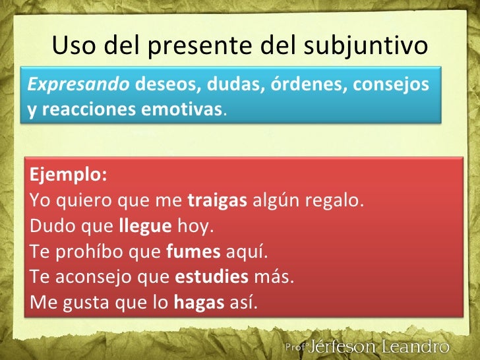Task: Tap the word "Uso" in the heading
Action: pyautogui.click(x=71, y=47)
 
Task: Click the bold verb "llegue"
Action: pyautogui.click(x=145, y=226)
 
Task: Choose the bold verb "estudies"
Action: pyautogui.click(x=212, y=277)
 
